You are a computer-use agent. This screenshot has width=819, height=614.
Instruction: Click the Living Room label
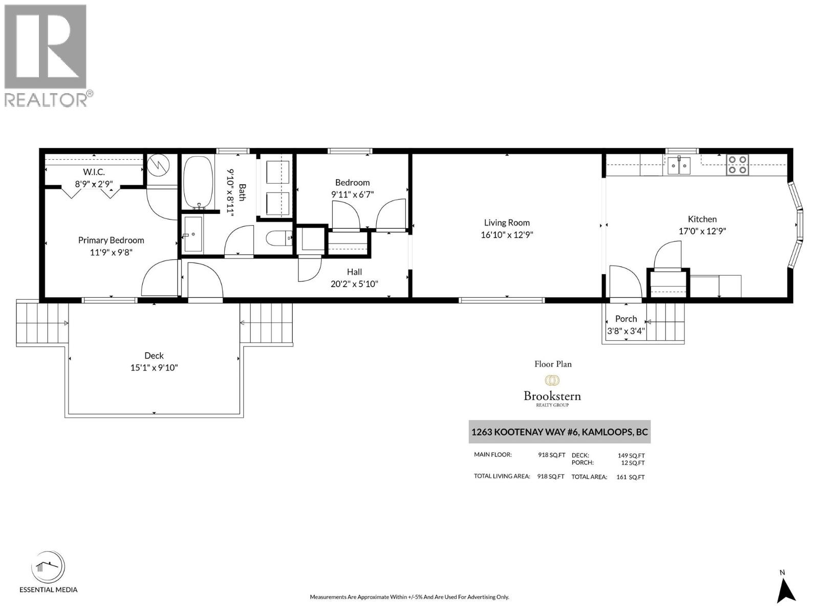[x=507, y=223]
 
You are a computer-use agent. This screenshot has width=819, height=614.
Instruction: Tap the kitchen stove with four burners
[x=737, y=165]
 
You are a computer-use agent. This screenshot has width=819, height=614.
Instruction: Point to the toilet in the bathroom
[x=279, y=238]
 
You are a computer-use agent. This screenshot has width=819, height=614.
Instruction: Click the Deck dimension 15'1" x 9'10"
[x=154, y=367]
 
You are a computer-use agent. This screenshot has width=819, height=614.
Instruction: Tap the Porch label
[x=626, y=319]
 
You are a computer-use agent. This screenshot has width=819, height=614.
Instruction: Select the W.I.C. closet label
[x=94, y=172]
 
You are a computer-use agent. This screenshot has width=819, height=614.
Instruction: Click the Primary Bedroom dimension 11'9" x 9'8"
[x=111, y=252]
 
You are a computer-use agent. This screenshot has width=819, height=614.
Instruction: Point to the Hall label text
[x=354, y=272]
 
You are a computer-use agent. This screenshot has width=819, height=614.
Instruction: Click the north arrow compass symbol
[x=786, y=589]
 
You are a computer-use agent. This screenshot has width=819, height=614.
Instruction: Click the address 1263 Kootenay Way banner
[x=559, y=432]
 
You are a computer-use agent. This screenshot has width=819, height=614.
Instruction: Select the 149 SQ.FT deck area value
[x=631, y=455]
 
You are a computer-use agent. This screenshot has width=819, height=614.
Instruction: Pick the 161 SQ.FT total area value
[x=630, y=477]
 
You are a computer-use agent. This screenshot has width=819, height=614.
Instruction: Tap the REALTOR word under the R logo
[x=46, y=100]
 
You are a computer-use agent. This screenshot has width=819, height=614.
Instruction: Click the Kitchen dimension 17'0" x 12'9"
[x=702, y=231]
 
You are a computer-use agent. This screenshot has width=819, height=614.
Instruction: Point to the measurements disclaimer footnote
[x=409, y=597]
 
